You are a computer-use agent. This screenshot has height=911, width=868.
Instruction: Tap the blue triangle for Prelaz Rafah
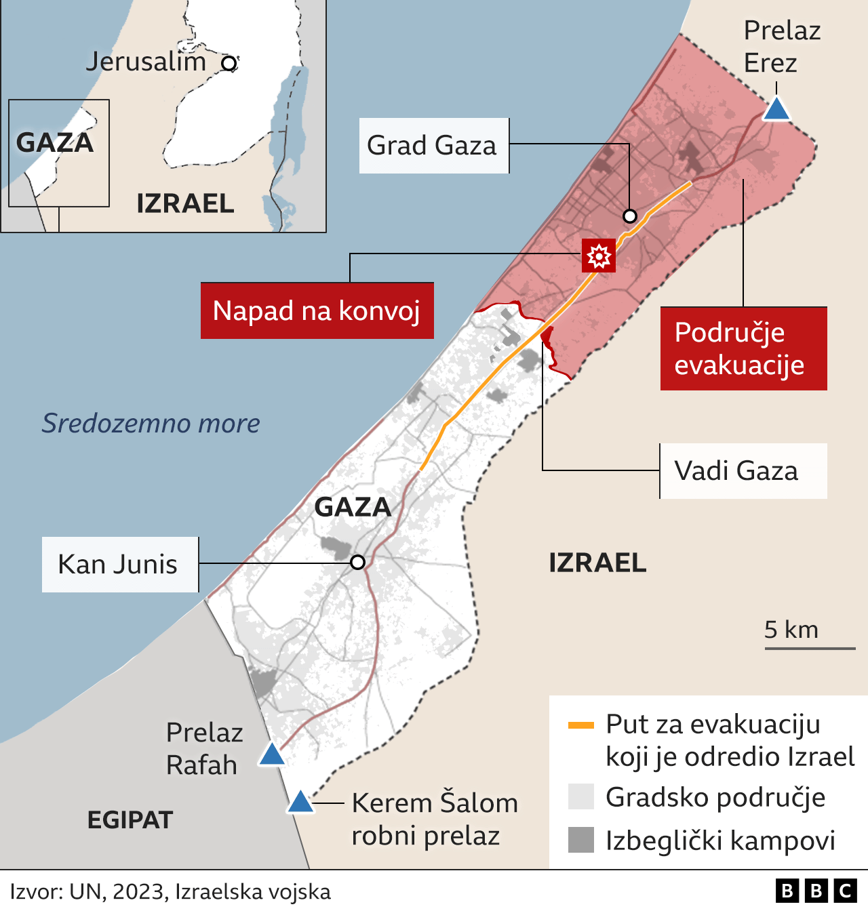click(x=272, y=755)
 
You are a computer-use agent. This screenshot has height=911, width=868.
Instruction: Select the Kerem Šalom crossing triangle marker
click(x=300, y=803)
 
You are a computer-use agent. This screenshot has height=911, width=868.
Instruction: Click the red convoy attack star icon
click(x=599, y=256)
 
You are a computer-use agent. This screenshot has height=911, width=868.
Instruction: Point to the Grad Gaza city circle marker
click(x=630, y=216)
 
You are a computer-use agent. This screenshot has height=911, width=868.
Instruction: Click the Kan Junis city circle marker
click(x=357, y=563)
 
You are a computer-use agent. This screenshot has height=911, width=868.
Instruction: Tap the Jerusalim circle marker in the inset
click(x=229, y=64)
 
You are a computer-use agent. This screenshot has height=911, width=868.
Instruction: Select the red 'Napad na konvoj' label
click(x=317, y=310)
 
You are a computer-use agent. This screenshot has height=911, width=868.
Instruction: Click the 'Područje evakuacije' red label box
click(x=743, y=348)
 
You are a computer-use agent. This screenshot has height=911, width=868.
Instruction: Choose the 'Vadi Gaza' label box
click(x=743, y=471)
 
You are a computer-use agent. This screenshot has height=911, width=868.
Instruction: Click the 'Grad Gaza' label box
click(x=433, y=146)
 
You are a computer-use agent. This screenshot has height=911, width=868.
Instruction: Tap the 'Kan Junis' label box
click(x=120, y=565)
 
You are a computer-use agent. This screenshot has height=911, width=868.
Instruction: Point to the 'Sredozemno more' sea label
click(x=151, y=423)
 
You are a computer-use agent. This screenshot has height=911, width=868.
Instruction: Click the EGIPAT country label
click(x=130, y=820)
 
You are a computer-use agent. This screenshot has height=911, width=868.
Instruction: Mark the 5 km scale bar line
click(x=810, y=649)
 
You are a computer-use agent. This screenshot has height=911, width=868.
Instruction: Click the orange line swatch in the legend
click(x=580, y=725)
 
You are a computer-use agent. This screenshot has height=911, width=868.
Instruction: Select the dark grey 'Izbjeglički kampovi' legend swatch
click(x=580, y=840)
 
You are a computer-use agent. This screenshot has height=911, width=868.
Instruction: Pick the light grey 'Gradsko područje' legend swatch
click(x=580, y=797)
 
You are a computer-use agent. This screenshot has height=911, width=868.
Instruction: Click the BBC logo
click(x=816, y=891)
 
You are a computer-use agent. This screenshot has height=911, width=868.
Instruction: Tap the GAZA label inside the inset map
click(x=54, y=143)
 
